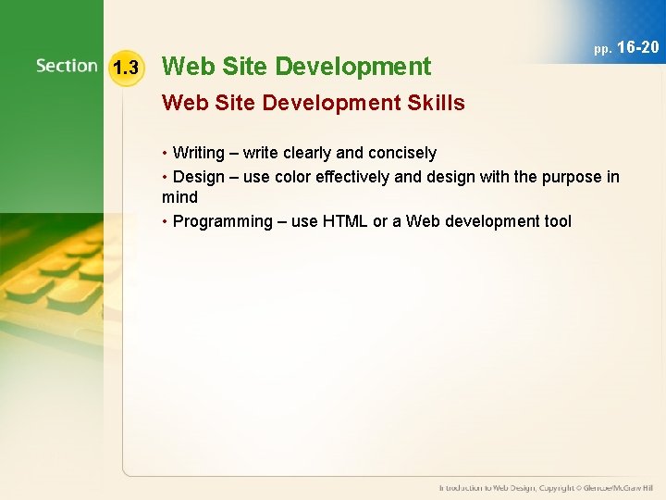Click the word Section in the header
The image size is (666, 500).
click(x=67, y=66)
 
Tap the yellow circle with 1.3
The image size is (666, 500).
click(x=124, y=67)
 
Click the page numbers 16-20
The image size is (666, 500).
click(x=637, y=47)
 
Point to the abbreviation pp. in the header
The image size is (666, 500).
click(x=602, y=49)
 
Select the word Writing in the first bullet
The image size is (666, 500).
click(x=198, y=153)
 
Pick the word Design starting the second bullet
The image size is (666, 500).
click(x=197, y=177)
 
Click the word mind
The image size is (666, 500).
click(x=179, y=197)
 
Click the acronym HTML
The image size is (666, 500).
click(x=344, y=221)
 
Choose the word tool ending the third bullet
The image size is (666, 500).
click(x=557, y=221)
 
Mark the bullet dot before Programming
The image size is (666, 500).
click(x=166, y=221)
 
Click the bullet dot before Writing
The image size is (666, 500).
click(x=166, y=153)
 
